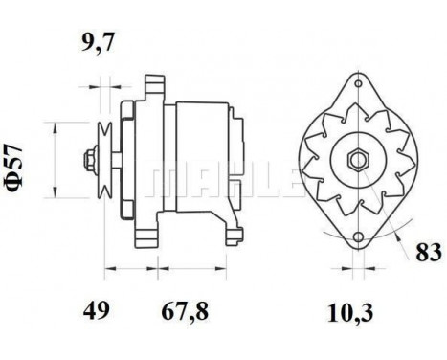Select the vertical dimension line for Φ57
tap(58, 158)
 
